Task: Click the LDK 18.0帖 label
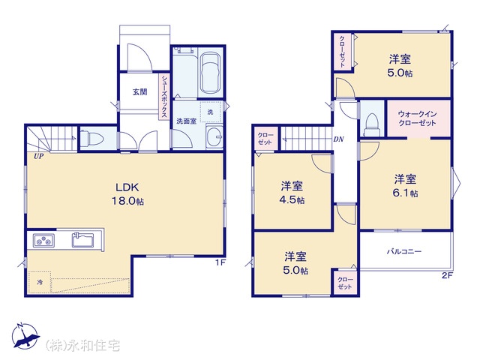coord(127,193)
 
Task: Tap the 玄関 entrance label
coord(140,91)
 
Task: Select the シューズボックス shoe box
coord(165,97)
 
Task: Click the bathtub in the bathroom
coord(210,73)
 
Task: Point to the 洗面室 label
coord(187,121)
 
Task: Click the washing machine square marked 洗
coord(211,112)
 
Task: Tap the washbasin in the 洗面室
coord(214,136)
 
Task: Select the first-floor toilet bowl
coord(92,139)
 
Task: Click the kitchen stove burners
coord(43,240)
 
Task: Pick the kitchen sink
coord(83,240)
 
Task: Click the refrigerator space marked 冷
coord(40,282)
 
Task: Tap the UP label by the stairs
coord(39,157)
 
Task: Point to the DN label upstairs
coord(338,139)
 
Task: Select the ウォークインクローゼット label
coord(417,118)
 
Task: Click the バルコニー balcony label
coord(404,252)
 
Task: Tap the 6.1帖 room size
coord(405,193)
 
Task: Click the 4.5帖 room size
coord(292,200)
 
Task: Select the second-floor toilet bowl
coord(372,124)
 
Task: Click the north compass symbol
coord(25,336)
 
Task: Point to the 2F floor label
coord(447,275)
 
